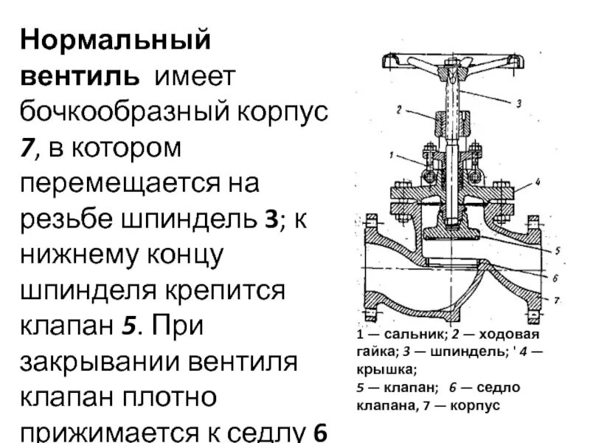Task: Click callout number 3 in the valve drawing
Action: pos(518,104)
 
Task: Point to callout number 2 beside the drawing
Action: pos(398,109)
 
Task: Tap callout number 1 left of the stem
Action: pos(392,155)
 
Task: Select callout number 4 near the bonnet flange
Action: pos(538,181)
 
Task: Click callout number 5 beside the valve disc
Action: pos(557,250)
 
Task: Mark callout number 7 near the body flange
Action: pos(558,301)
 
